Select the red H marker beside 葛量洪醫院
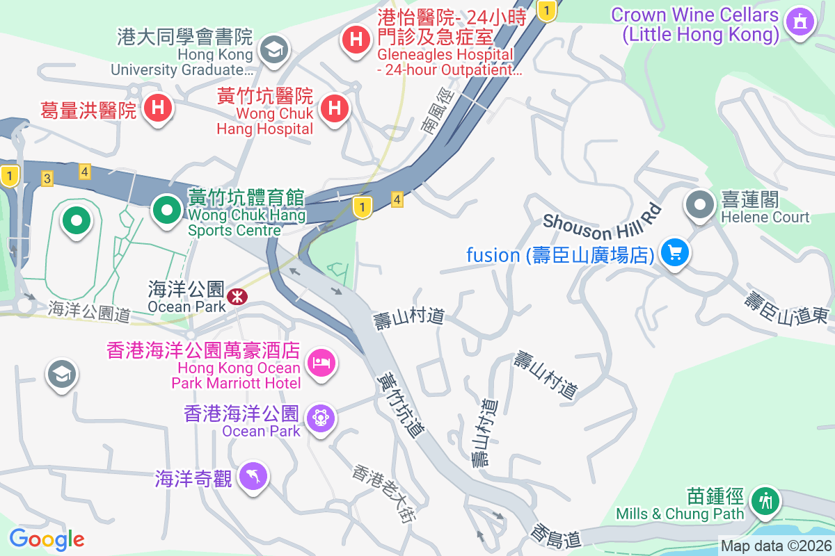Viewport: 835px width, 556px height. coord(158,108)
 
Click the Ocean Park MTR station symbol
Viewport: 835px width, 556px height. coord(238,297)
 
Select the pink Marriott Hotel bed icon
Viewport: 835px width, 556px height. coord(321,362)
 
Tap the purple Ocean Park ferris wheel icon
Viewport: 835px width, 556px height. coord(321,418)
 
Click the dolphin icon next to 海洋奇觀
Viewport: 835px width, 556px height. coord(253,476)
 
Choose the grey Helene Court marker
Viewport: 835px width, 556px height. coord(700,205)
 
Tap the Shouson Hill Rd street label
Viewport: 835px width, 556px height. coord(601,222)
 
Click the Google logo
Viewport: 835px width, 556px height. coord(47,539)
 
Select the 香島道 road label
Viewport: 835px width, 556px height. coord(555,536)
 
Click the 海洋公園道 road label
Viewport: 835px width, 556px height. coord(89,311)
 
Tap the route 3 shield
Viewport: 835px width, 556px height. coord(47,179)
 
